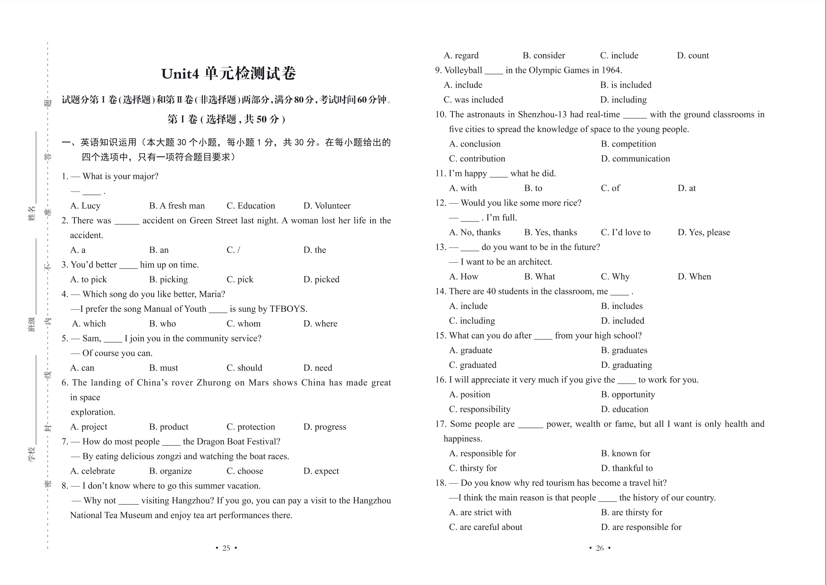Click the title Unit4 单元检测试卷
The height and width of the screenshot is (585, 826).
click(228, 74)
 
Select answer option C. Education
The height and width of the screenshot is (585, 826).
click(250, 206)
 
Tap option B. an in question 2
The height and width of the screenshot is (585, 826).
click(159, 250)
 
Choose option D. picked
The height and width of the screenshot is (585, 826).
click(321, 279)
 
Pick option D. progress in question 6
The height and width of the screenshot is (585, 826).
click(324, 427)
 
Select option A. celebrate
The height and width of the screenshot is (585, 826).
click(92, 471)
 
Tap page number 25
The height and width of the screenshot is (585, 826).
click(226, 548)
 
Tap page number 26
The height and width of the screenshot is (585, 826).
click(600, 548)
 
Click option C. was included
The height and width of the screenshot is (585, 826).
click(473, 100)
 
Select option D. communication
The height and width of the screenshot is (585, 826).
click(635, 159)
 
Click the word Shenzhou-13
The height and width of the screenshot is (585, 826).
click(543, 114)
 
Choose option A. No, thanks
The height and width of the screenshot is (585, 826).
click(475, 232)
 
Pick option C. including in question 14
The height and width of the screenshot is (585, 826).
click(472, 321)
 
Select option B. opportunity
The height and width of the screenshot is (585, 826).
click(628, 395)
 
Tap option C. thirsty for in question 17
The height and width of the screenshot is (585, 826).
click(473, 468)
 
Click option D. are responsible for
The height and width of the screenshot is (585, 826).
click(641, 527)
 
